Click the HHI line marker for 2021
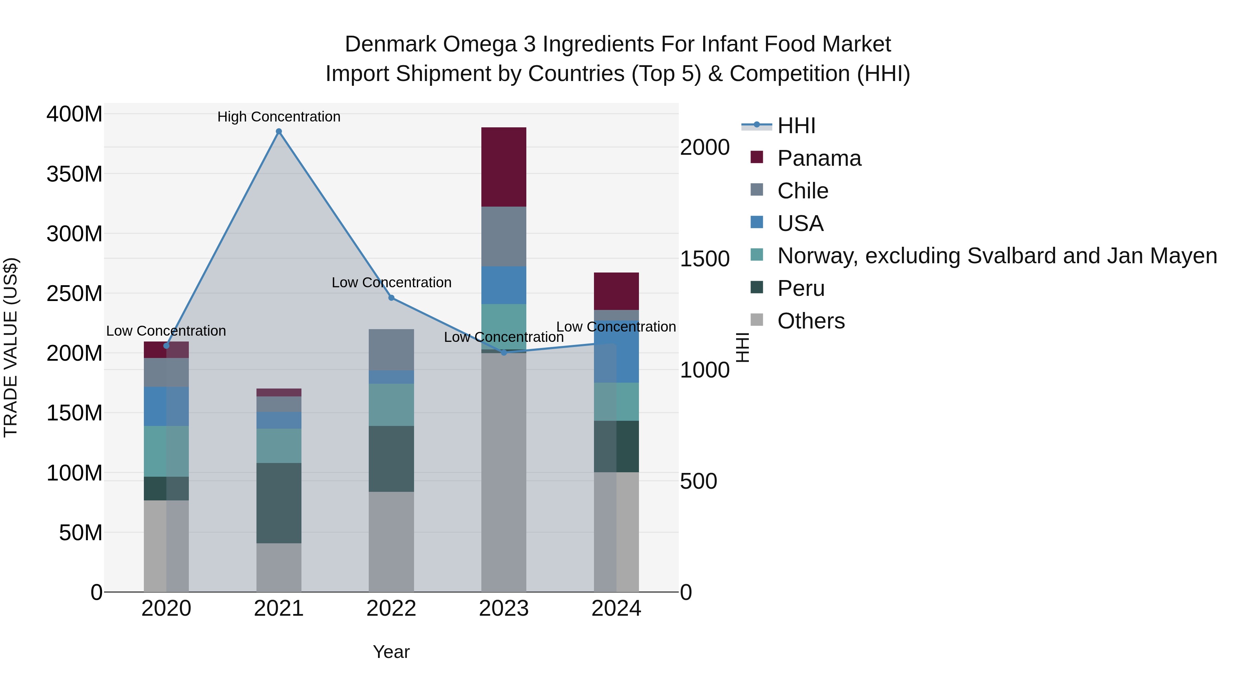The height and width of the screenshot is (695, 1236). click(x=279, y=131)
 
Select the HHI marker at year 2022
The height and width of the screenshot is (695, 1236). click(x=391, y=298)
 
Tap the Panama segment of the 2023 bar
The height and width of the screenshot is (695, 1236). click(x=503, y=167)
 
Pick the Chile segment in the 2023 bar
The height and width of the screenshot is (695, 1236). click(x=503, y=236)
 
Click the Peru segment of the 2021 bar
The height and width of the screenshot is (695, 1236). click(x=279, y=503)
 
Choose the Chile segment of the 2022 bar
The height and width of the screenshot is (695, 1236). click(x=391, y=350)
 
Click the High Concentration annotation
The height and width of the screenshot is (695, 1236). click(x=279, y=117)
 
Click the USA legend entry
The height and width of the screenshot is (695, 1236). click(x=800, y=223)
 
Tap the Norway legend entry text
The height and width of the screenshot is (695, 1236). click(x=997, y=256)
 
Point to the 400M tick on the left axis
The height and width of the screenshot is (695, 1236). click(x=75, y=114)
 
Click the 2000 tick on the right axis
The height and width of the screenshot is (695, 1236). click(x=705, y=147)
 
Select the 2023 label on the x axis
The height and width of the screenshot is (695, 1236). click(x=503, y=609)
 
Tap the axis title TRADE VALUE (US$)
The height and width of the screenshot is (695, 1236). click(x=11, y=347)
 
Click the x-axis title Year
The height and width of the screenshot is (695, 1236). click(x=391, y=652)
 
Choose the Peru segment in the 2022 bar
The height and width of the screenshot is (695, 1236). click(x=391, y=459)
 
